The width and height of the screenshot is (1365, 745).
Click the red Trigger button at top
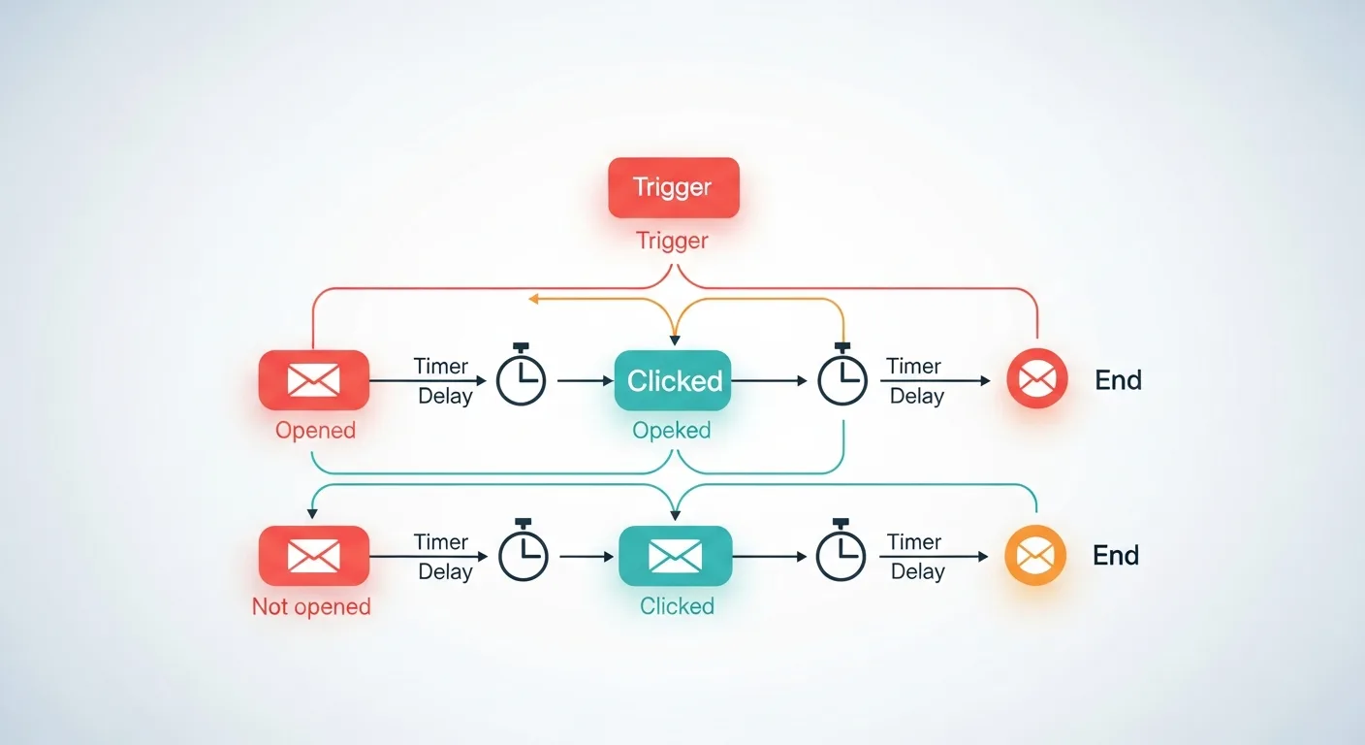[x=673, y=187]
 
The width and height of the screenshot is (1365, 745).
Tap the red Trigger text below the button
[x=672, y=241]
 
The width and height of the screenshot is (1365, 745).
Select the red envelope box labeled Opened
[x=313, y=379]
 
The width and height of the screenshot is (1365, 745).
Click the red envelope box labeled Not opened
[x=313, y=555]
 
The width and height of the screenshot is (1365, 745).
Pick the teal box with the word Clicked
[x=674, y=380]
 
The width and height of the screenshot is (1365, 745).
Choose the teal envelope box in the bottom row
[x=675, y=555]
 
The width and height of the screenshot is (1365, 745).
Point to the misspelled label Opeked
[x=672, y=430]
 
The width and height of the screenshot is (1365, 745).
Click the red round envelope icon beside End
[x=1036, y=378]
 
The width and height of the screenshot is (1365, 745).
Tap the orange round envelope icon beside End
[x=1035, y=555]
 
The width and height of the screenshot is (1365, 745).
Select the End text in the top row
[x=1118, y=380]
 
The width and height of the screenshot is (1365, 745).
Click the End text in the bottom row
[x=1116, y=556]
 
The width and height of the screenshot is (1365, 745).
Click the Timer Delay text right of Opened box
[x=443, y=381]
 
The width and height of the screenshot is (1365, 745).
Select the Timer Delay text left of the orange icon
[x=915, y=557]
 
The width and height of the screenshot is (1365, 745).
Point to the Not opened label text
[x=311, y=607]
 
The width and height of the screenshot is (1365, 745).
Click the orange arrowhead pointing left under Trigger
[x=534, y=300]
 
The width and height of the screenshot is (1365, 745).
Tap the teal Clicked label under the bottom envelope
[x=677, y=606]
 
